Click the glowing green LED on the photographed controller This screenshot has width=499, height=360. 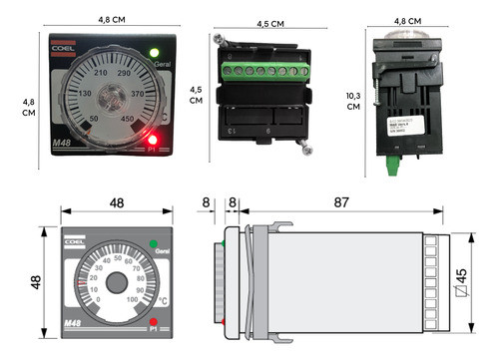pos(153,53)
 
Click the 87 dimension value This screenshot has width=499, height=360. pos(341,203)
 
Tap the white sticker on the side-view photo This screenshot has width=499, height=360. pos(403,125)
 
